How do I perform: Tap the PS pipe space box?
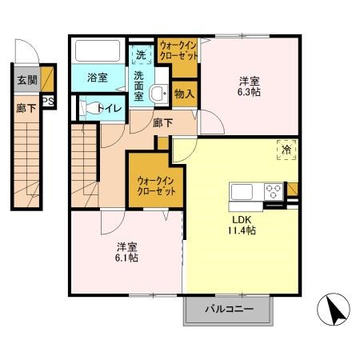[x=48, y=101]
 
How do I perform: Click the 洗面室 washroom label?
[x=139, y=85]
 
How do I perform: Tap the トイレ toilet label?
[x=109, y=106]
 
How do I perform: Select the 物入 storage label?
[x=184, y=94]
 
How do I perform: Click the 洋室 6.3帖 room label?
[x=248, y=86]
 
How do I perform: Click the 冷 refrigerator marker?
[x=286, y=148]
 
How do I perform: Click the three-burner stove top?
[x=273, y=192]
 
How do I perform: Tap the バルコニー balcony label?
[x=229, y=310]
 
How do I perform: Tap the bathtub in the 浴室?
[x=100, y=54]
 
